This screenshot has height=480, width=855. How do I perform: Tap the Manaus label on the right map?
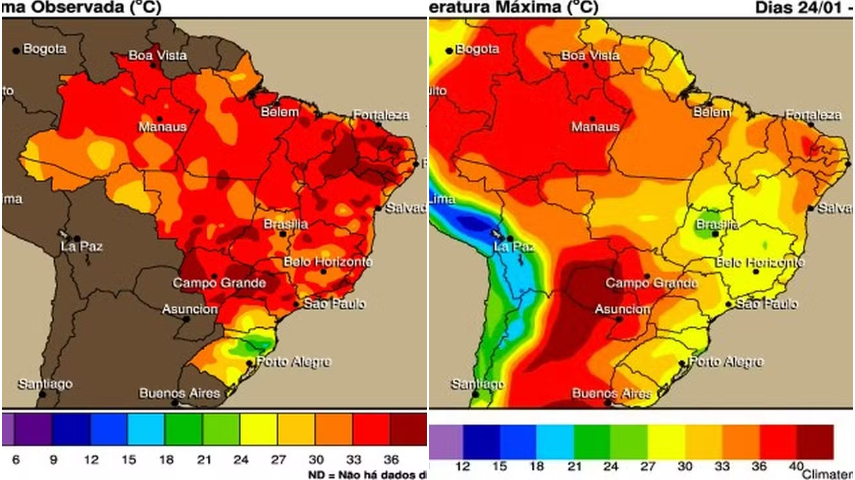click(x=594, y=128)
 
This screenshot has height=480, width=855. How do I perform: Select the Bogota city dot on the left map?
click(x=16, y=49)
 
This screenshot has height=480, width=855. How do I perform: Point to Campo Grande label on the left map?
click(x=217, y=283)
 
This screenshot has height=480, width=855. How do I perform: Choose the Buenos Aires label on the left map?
click(x=179, y=392)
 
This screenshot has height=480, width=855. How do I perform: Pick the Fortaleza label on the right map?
click(x=815, y=115)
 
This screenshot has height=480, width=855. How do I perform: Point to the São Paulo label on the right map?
click(x=767, y=303)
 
